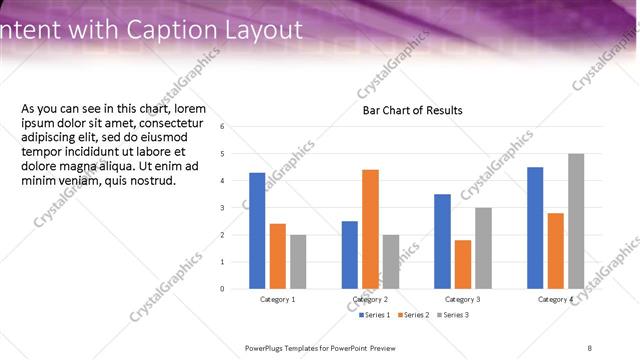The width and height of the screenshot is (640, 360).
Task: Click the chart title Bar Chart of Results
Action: (412, 110)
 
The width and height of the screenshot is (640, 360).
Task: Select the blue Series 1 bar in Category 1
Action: (257, 230)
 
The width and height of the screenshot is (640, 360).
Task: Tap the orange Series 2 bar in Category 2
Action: (370, 229)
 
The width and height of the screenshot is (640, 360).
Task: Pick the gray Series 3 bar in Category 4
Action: (576, 221)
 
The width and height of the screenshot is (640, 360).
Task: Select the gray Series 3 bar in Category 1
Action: (298, 261)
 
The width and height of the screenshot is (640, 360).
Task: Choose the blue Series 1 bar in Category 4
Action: (535, 227)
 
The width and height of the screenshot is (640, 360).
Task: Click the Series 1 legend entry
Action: (378, 315)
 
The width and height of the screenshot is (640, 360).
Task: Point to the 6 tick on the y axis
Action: (236, 127)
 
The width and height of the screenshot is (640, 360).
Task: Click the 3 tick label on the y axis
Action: (236, 208)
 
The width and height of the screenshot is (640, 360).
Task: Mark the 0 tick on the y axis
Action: (236, 289)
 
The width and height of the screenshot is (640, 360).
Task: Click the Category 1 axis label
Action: (278, 299)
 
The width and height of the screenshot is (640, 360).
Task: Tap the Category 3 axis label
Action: (463, 299)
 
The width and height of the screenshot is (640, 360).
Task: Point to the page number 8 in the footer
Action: (589, 348)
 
